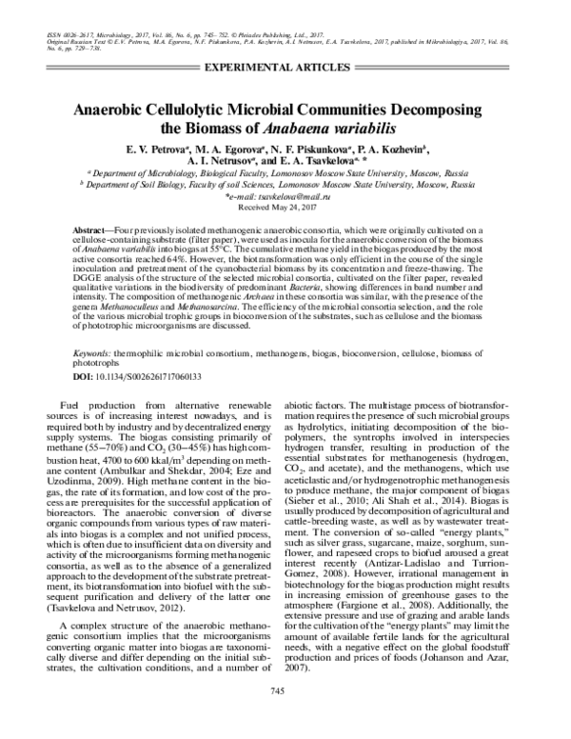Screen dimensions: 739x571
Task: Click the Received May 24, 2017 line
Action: tap(285, 206)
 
